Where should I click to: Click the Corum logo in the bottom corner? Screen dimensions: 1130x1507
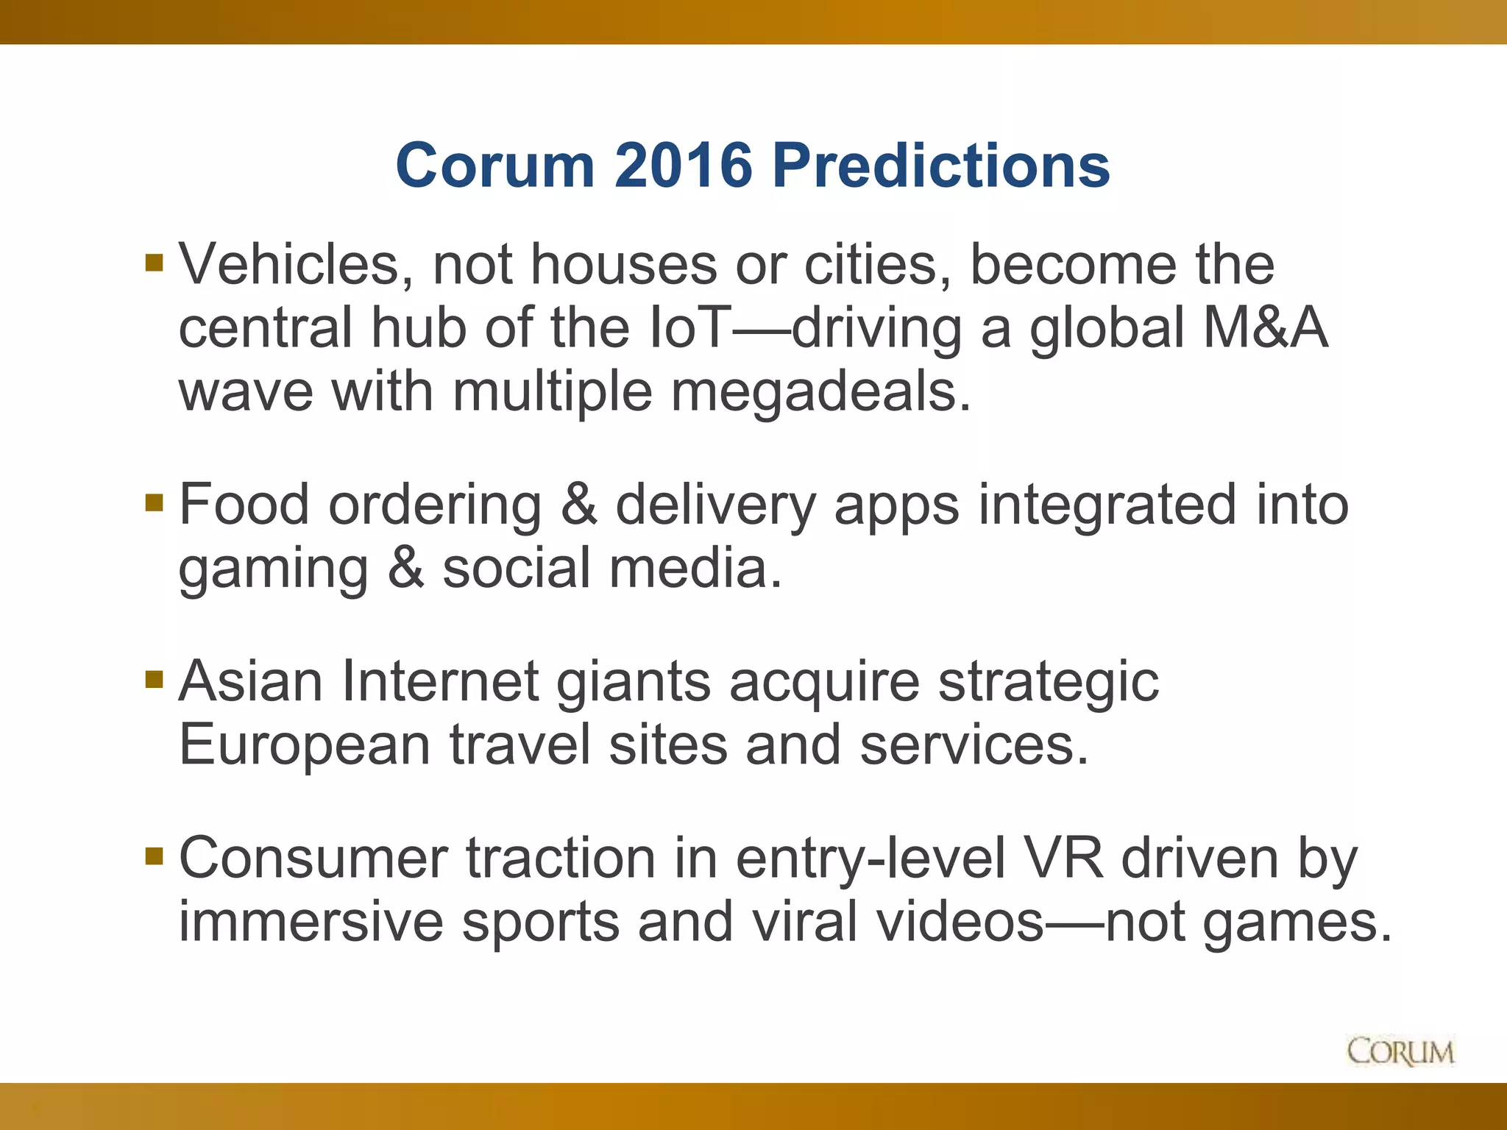click(x=1400, y=1051)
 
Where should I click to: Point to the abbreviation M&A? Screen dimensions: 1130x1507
click(x=1266, y=328)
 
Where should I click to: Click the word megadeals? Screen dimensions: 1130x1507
click(x=821, y=391)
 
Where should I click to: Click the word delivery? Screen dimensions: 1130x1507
click(x=715, y=507)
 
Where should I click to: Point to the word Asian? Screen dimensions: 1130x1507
click(x=251, y=681)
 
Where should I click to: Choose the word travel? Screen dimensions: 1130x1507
click(x=520, y=745)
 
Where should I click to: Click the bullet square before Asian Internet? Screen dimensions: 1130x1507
click(x=154, y=678)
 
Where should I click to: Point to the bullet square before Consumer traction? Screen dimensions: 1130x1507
click(x=154, y=856)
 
